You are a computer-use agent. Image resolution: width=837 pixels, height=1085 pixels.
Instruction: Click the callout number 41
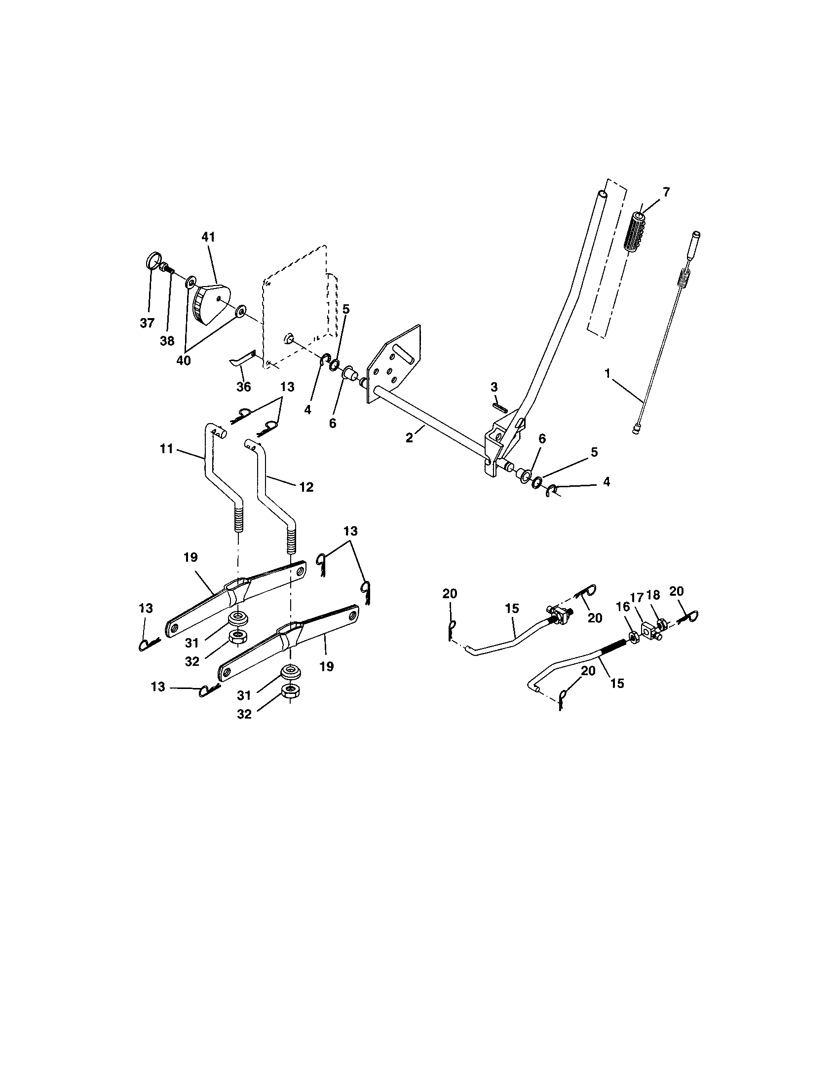click(x=208, y=238)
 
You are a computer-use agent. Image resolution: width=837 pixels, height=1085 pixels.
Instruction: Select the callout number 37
click(x=147, y=324)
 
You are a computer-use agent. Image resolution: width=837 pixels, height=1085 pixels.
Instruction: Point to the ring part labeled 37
click(x=153, y=261)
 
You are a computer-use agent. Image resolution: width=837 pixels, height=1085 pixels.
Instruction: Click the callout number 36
click(x=243, y=387)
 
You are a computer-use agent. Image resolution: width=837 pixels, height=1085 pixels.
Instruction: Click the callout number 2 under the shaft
click(x=409, y=437)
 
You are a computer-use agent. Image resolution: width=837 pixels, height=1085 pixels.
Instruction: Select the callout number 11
click(x=166, y=449)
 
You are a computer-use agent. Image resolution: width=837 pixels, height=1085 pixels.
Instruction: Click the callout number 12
click(x=306, y=487)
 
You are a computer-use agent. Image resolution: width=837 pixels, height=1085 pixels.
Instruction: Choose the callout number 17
click(x=637, y=597)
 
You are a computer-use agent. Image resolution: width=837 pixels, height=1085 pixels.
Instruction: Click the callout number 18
click(x=653, y=595)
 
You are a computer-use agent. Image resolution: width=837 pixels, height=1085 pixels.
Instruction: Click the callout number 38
click(x=167, y=341)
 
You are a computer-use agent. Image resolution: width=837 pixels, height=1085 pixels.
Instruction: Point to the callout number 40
click(x=184, y=361)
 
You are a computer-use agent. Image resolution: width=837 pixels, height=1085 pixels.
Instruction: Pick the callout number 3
click(x=494, y=387)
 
